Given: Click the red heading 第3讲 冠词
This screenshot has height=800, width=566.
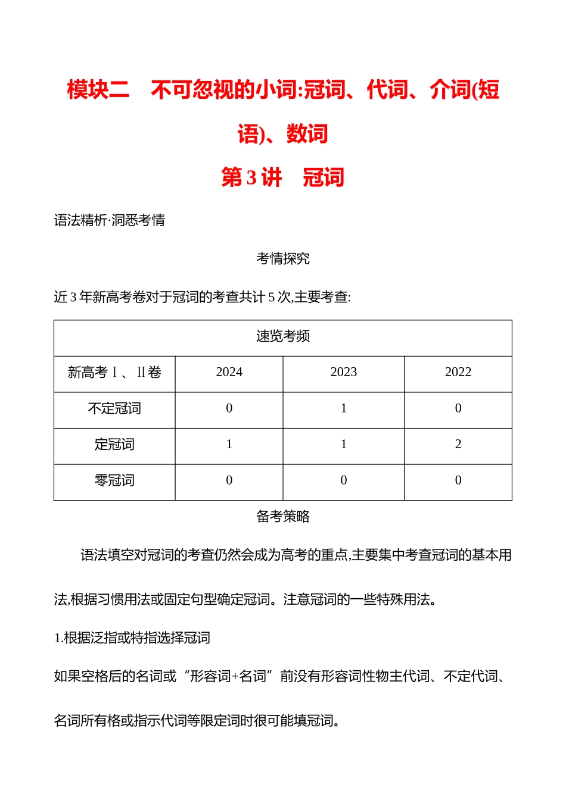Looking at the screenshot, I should tap(282, 177).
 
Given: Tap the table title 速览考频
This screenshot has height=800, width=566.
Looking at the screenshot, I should tap(283, 336).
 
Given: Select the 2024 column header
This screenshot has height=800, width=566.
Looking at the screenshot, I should tap(229, 373).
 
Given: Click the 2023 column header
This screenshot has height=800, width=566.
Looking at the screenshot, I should tap(343, 373).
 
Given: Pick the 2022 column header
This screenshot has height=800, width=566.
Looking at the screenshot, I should tap(458, 373).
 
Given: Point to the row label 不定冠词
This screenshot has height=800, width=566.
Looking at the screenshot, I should tap(114, 409).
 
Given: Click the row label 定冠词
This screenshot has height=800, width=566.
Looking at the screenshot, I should tap(114, 445).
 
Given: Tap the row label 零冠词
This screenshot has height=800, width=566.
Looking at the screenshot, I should tap(114, 481).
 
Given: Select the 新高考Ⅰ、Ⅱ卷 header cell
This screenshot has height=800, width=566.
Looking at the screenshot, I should tap(114, 373).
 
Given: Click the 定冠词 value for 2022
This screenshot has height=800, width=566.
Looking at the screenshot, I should tap(458, 445).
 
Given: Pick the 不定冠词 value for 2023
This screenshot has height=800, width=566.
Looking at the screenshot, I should tap(343, 409).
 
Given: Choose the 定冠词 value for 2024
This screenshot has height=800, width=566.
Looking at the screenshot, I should tap(229, 445).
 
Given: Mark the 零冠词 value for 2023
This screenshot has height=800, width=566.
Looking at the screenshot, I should tap(343, 481).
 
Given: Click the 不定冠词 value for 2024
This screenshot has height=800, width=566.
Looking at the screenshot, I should tap(229, 409).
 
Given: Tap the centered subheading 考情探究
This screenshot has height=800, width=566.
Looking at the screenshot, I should tap(283, 259).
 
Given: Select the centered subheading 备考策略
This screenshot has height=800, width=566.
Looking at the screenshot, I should tap(283, 517).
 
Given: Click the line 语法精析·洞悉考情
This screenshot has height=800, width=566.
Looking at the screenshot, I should tap(110, 221).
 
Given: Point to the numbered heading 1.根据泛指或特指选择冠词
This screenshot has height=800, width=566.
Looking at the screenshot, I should tap(132, 638).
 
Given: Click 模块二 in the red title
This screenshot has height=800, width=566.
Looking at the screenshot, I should tap(98, 90).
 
